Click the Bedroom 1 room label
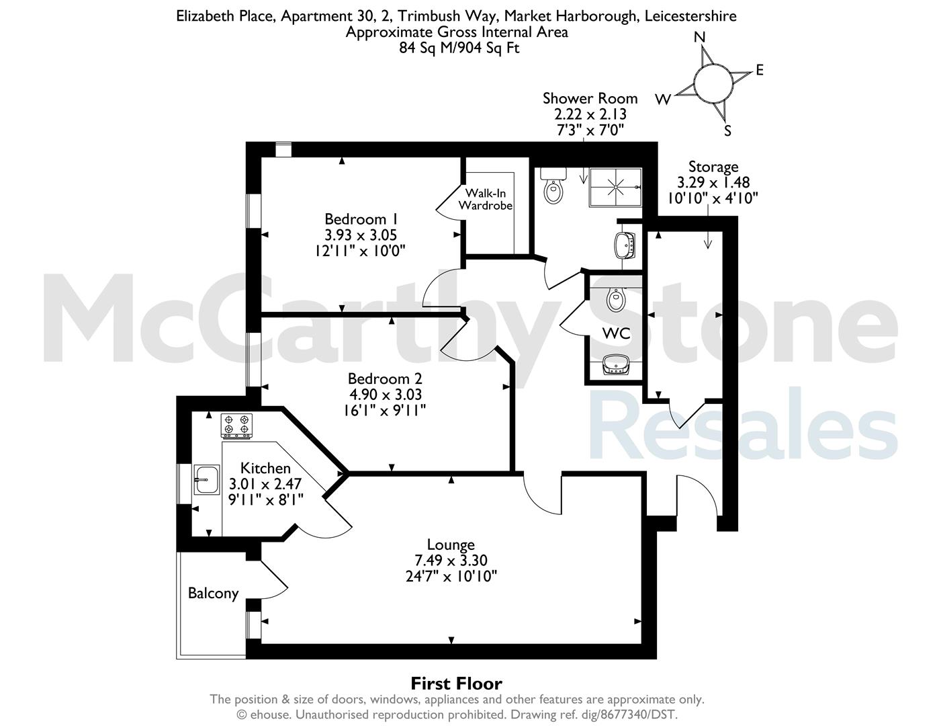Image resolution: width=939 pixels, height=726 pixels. click(x=361, y=218)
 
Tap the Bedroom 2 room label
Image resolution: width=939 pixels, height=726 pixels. click(x=385, y=378)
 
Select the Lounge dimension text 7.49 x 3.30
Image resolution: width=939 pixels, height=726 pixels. click(x=451, y=561)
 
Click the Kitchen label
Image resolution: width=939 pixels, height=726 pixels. click(x=265, y=468)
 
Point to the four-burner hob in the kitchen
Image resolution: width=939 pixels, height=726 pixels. click(x=237, y=426)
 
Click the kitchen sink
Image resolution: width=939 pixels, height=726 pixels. click(x=207, y=479)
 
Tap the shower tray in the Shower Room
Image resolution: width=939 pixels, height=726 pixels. click(x=615, y=188)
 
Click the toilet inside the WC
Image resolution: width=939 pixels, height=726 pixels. click(x=615, y=298)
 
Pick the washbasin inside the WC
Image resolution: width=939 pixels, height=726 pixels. click(x=615, y=364)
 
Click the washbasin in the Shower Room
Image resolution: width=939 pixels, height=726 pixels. click(x=625, y=245)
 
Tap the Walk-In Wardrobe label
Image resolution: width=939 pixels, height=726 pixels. click(x=485, y=199)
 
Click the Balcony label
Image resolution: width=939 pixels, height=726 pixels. click(x=213, y=594)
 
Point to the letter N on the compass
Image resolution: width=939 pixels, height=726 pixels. click(x=700, y=38)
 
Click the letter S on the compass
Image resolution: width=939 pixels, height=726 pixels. click(x=727, y=130)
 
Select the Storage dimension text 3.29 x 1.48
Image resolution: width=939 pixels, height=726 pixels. click(x=713, y=182)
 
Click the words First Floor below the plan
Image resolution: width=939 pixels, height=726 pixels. click(x=456, y=684)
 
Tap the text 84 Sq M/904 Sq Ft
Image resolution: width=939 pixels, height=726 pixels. click(x=459, y=48)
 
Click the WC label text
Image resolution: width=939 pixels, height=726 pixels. click(x=616, y=333)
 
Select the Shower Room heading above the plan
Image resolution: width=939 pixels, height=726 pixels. click(x=590, y=99)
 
